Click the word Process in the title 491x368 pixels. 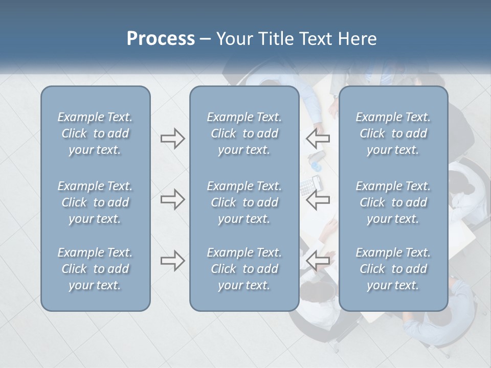pos(161,39)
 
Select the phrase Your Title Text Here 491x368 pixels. pos(297,39)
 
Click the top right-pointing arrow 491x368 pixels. pos(172,139)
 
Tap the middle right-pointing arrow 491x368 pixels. pos(172,199)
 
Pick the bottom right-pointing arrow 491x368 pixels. pos(172,261)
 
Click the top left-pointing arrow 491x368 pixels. pos(318,139)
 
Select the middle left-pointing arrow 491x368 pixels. pos(318,199)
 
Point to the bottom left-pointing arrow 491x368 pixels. pos(318,261)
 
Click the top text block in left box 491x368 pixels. pos(95,133)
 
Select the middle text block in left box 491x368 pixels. pos(95,202)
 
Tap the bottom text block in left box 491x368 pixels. pos(95,269)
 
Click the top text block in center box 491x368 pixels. pos(244,133)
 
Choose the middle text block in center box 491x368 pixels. pos(244,202)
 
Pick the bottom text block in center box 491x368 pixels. pos(244,269)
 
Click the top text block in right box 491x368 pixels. pos(393,133)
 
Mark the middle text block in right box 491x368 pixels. pos(393,202)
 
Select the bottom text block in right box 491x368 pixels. pos(393,269)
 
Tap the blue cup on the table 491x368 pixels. pos(316,166)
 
